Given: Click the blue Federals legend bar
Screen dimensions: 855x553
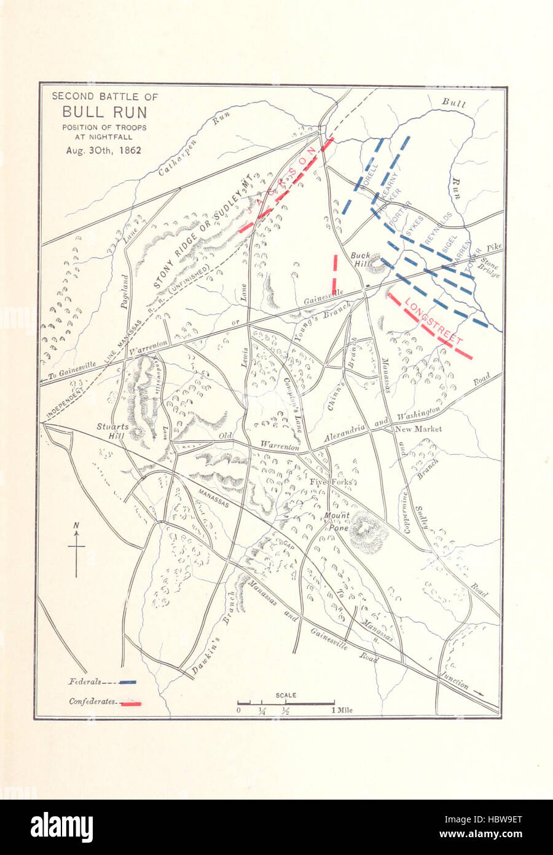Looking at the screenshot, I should point(128,682).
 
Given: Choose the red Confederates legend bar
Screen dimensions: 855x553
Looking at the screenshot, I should point(131,702).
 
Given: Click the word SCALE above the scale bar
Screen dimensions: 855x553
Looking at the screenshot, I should point(286,695).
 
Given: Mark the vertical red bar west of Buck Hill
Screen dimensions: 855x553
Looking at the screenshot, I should point(335,274).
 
